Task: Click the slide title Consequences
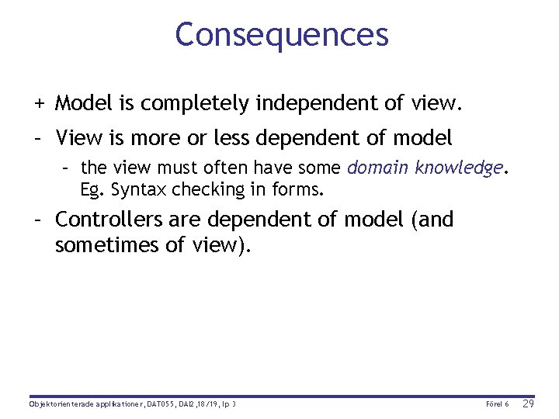point(281,35)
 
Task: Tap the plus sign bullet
point(38,102)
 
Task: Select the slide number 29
point(529,404)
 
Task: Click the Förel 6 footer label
point(497,405)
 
